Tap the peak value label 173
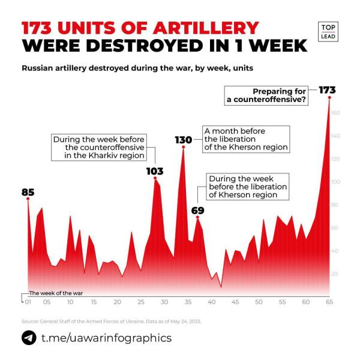(327, 90)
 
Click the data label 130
(183, 140)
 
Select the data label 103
(155, 171)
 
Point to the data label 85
(28, 193)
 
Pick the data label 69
(198, 211)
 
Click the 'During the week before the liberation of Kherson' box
(247, 187)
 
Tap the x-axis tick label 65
(329, 302)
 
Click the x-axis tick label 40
(212, 302)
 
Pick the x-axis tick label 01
(27, 302)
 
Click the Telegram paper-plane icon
(28, 338)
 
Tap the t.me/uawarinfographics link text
(106, 338)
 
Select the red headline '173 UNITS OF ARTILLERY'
(140, 28)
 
